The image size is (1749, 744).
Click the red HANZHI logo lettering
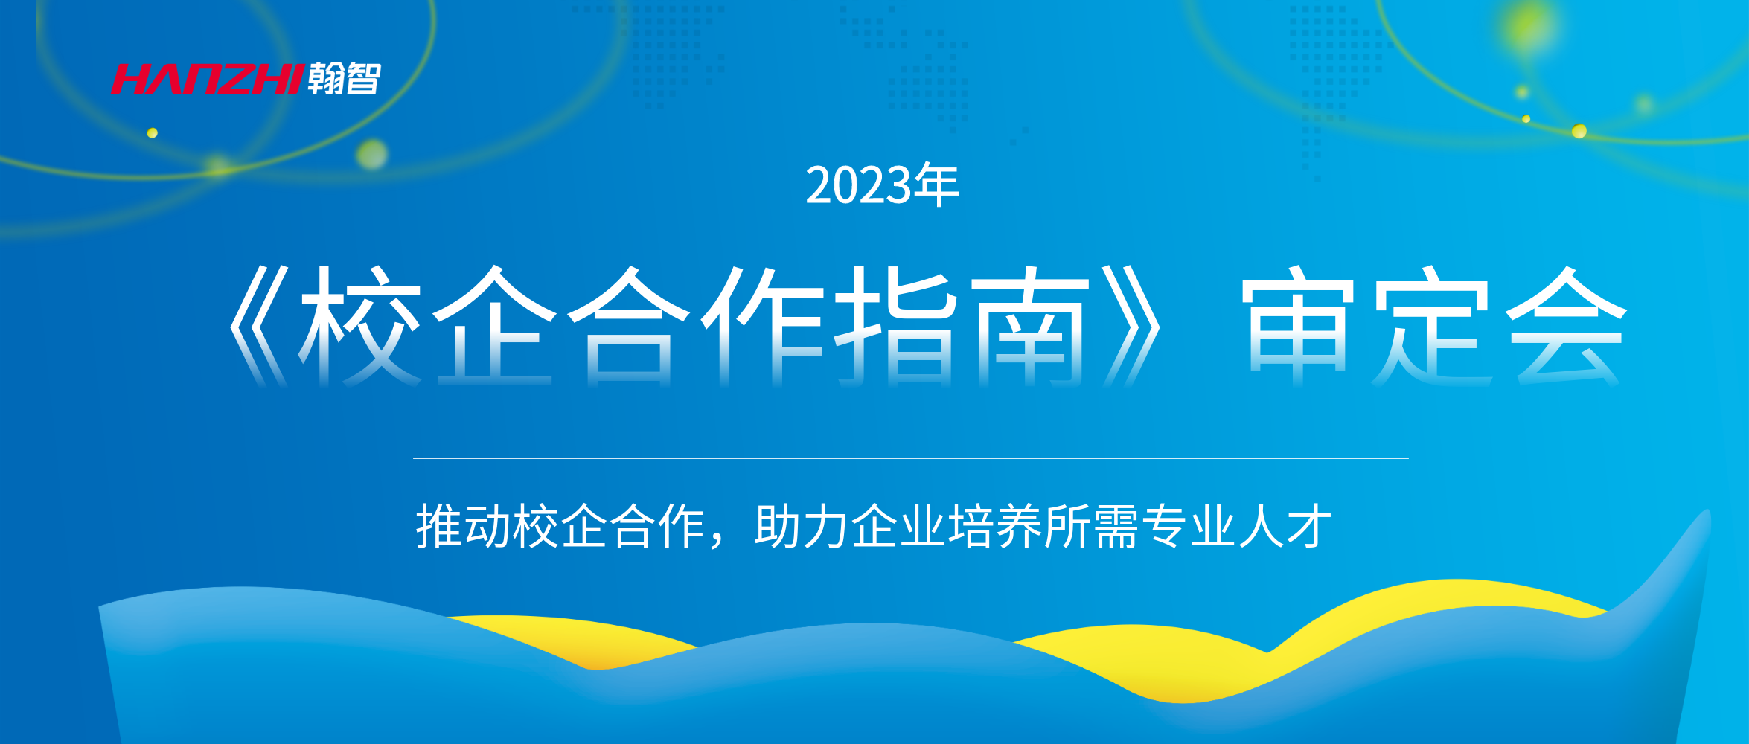[x=208, y=79]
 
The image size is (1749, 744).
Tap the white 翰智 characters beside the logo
[x=345, y=78]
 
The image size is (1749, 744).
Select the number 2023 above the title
[x=859, y=185]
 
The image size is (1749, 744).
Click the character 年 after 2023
[x=936, y=185]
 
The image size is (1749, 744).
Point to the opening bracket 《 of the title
[x=258, y=326]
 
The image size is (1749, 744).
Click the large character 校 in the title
[x=360, y=326]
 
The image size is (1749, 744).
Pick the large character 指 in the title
[x=896, y=326]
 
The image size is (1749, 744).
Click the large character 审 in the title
[x=1298, y=326]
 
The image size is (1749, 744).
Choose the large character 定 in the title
[x=1432, y=326]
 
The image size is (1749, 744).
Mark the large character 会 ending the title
[x=1566, y=326]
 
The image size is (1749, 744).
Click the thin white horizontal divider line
[x=911, y=458]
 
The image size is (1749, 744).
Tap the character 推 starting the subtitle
[x=439, y=526]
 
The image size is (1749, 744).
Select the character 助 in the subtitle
[x=778, y=526]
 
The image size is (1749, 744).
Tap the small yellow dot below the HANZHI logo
[x=152, y=133]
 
